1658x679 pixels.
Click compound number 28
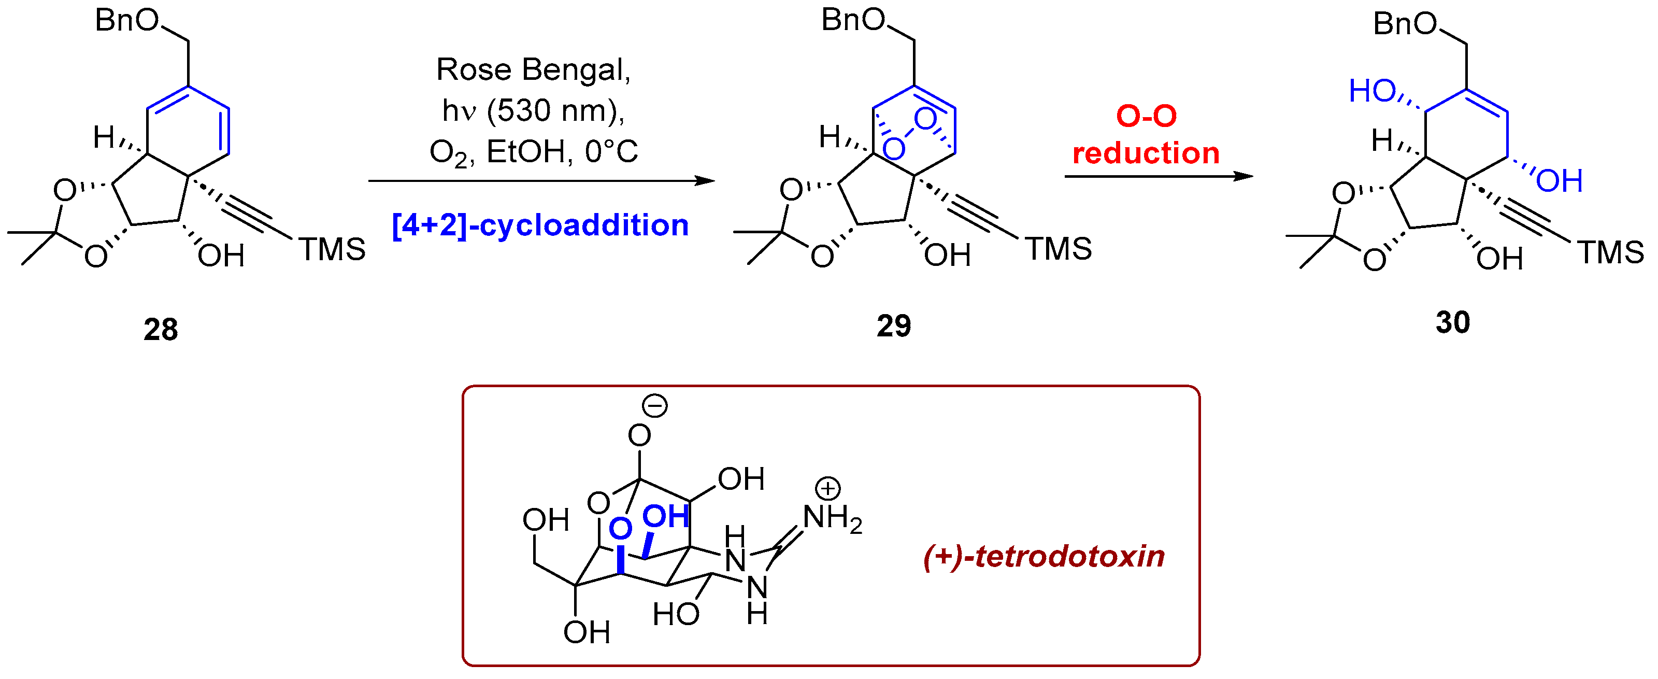pyautogui.click(x=160, y=330)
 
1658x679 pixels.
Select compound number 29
pyautogui.click(x=893, y=326)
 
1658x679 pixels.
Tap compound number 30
pyautogui.click(x=1453, y=322)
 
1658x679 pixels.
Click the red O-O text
pyautogui.click(x=1146, y=117)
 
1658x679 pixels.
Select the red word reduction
pyautogui.click(x=1146, y=153)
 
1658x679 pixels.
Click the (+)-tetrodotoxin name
pyautogui.click(x=1044, y=556)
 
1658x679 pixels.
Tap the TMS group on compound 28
pyautogui.click(x=332, y=250)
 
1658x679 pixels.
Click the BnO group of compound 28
pyautogui.click(x=127, y=21)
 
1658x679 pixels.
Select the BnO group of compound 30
pyautogui.click(x=1405, y=24)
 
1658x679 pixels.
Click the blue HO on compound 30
pyautogui.click(x=1371, y=91)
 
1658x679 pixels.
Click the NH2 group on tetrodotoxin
pyautogui.click(x=832, y=519)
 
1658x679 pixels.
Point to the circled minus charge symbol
pyautogui.click(x=655, y=405)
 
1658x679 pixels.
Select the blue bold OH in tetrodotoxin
pyautogui.click(x=666, y=516)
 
